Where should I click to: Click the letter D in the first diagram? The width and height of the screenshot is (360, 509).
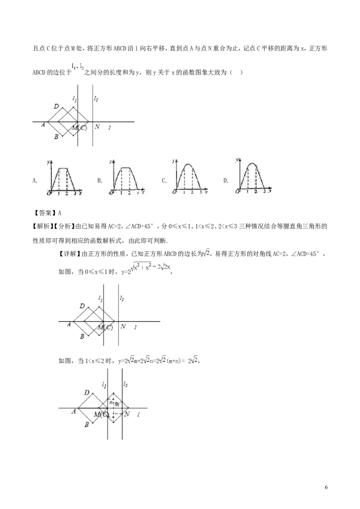(56, 107)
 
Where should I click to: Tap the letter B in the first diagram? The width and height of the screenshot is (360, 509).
(56, 137)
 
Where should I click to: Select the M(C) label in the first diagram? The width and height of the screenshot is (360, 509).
(79, 128)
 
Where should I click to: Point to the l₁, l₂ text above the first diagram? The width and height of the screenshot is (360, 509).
(77, 67)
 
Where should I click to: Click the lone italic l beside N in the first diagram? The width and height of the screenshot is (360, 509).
(110, 128)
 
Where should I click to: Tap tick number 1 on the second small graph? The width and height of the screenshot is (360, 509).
(121, 192)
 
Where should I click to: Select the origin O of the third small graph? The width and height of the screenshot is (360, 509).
(174, 192)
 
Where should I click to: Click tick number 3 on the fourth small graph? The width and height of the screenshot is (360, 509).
(264, 192)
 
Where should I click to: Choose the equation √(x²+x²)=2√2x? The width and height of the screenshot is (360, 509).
(151, 267)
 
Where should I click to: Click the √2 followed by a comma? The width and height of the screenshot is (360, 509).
(207, 254)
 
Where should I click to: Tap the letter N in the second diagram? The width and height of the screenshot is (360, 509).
(123, 326)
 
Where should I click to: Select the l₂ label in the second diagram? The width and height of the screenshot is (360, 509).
(122, 298)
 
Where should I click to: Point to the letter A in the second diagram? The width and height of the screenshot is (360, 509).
(69, 324)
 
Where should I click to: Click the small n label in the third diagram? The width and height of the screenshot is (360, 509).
(111, 402)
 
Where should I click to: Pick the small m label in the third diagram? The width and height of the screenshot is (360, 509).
(117, 404)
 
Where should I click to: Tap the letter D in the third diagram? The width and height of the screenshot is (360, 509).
(87, 393)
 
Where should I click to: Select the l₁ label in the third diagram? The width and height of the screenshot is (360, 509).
(104, 385)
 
